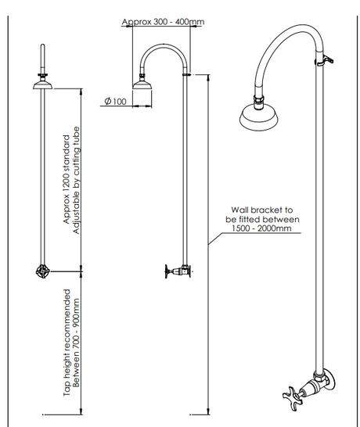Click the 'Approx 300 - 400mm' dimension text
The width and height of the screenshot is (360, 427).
tap(163, 22)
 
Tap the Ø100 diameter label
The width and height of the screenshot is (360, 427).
tap(116, 102)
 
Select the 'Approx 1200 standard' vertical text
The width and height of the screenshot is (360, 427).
tap(67, 179)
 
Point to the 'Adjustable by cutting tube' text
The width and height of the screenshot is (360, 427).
tap(77, 180)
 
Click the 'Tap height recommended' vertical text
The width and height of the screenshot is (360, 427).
tap(67, 343)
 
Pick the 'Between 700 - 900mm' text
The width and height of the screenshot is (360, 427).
tap(77, 343)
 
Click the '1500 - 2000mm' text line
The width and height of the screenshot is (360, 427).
tap(261, 228)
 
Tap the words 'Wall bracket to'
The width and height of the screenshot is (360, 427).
tap(262, 210)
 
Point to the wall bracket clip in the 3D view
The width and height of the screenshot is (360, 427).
tap(325, 60)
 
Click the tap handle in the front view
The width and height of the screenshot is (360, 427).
tap(43, 271)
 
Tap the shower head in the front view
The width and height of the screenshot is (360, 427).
tap(42, 83)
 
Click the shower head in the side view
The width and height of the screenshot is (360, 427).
tap(142, 84)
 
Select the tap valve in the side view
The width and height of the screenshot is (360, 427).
tap(178, 271)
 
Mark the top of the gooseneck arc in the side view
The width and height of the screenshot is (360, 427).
tap(164, 44)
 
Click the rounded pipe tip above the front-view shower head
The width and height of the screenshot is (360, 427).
tap(42, 45)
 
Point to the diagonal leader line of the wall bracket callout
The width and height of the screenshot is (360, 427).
tap(215, 239)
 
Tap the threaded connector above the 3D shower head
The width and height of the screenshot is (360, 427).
tap(258, 102)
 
